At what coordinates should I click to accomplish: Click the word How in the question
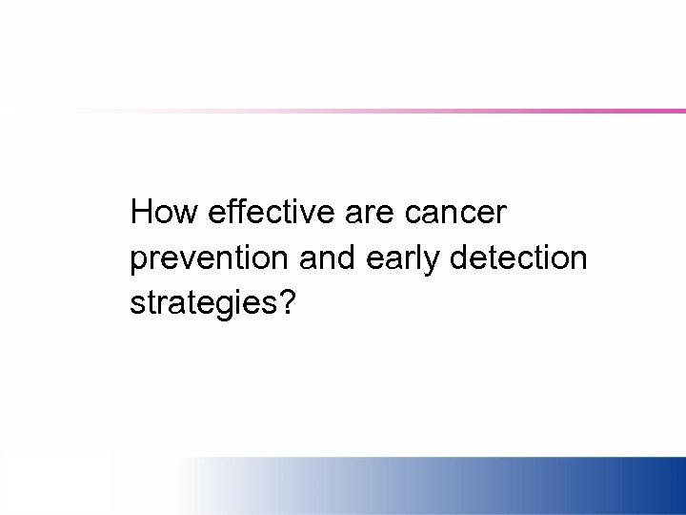tap(164, 212)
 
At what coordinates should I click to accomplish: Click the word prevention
tap(209, 258)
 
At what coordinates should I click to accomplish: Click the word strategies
tap(205, 304)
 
